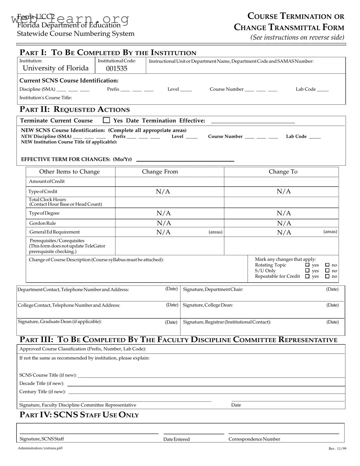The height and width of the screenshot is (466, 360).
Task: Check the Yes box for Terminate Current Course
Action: [106, 120]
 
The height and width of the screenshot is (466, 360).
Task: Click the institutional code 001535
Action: [117, 68]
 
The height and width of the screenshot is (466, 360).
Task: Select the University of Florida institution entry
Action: [55, 68]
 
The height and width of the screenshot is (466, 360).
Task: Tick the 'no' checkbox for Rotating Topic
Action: [327, 265]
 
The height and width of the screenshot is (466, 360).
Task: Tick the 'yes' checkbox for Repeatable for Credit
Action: [307, 276]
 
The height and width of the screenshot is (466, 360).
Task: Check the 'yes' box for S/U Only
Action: [307, 271]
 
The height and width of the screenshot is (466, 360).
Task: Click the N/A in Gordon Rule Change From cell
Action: [164, 223]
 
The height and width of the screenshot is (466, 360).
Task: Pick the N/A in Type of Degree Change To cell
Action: [284, 213]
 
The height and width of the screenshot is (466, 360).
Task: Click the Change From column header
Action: [160, 172]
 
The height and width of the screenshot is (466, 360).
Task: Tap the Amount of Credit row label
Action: [47, 182]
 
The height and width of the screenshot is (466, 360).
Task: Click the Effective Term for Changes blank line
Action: [185, 160]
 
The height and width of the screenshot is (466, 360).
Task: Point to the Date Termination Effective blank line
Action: [253, 122]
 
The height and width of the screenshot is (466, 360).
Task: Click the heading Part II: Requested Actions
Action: [74, 110]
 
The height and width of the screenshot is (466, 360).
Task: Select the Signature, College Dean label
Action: [208, 305]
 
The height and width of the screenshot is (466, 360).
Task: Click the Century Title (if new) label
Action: [42, 392]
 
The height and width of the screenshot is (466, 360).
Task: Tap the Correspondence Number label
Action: [254, 439]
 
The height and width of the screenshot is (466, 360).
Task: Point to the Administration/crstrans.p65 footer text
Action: [40, 448]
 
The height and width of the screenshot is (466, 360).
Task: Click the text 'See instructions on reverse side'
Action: [297, 38]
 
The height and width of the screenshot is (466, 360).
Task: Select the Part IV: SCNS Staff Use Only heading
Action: [79, 415]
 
